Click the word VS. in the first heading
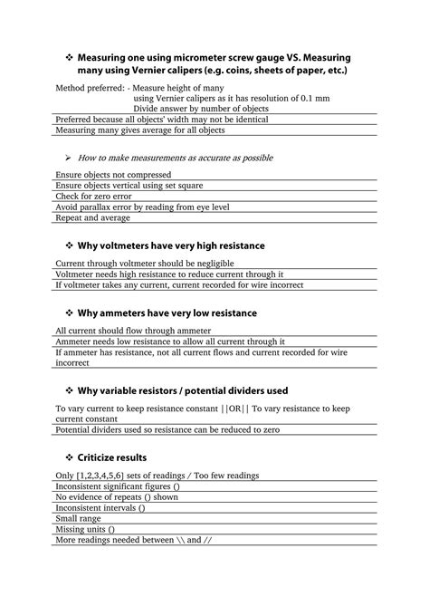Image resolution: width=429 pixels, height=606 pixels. (x=277, y=57)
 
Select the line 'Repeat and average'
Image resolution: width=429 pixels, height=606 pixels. (x=93, y=218)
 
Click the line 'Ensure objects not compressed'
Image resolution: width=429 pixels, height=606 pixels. (x=117, y=173)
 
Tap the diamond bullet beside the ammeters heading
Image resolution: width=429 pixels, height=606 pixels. (x=70, y=313)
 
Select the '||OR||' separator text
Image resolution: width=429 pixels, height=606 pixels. (x=228, y=409)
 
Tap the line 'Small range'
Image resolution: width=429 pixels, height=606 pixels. (x=81, y=518)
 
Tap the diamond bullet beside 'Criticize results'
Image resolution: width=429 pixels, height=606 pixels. (x=70, y=457)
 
